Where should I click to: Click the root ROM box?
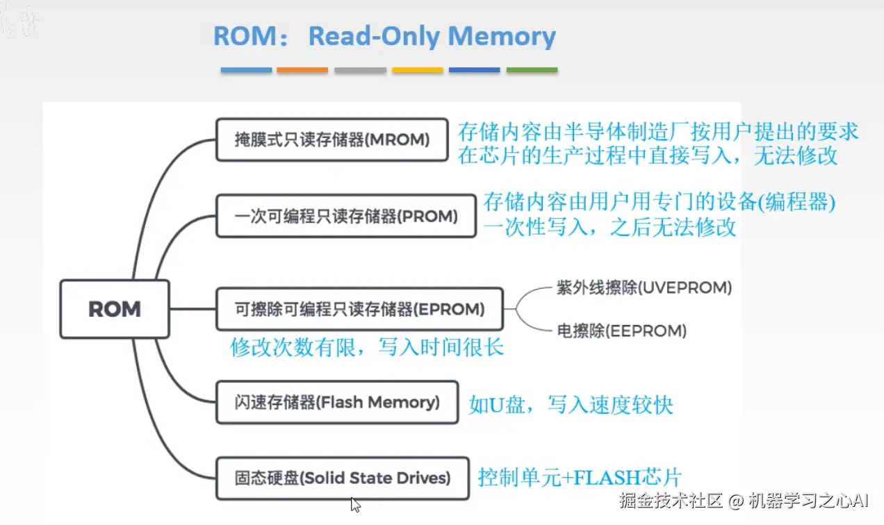[115, 309]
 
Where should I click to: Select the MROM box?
[331, 140]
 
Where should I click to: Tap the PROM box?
[345, 216]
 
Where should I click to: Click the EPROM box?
[359, 309]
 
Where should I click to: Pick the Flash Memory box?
[337, 402]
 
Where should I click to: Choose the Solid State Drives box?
[342, 478]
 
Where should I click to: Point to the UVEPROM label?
[644, 287]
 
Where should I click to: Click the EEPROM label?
[621, 331]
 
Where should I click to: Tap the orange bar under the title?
[302, 70]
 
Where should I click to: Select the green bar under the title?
[532, 70]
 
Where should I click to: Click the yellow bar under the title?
[417, 70]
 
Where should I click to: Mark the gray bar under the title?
[360, 70]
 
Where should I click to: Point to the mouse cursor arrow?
[355, 504]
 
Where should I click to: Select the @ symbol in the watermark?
[736, 501]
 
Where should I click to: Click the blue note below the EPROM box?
[366, 347]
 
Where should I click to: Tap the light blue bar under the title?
[246, 70]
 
